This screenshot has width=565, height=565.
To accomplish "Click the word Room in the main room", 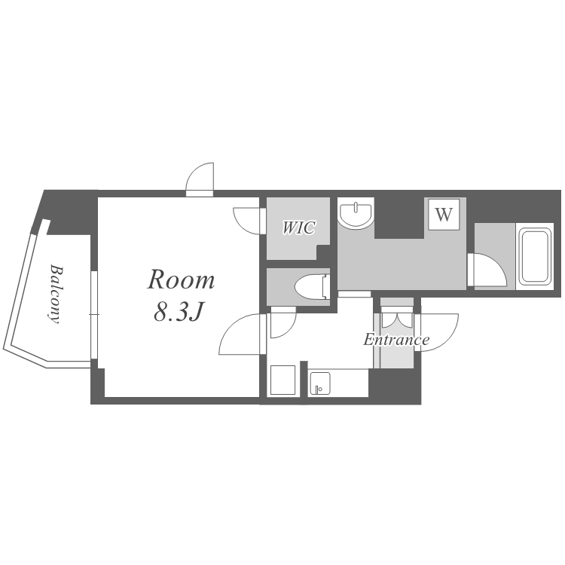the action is coord(181,279).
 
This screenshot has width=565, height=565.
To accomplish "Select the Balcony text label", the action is coord(55,294).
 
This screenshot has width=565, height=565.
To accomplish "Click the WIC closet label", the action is coord(299,228).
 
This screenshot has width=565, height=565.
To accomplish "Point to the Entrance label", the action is coord(396,340).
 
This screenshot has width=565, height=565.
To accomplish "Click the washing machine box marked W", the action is coord(444,215).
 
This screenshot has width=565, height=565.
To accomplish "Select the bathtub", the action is coord(535,256).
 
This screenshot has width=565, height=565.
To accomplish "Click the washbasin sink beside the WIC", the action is coord(356,215).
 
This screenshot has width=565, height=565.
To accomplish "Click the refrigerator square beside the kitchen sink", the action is coord(282,380).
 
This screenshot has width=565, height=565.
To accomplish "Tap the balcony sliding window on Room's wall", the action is coord(94,315).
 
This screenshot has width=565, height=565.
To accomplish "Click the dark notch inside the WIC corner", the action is coord(323,252).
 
